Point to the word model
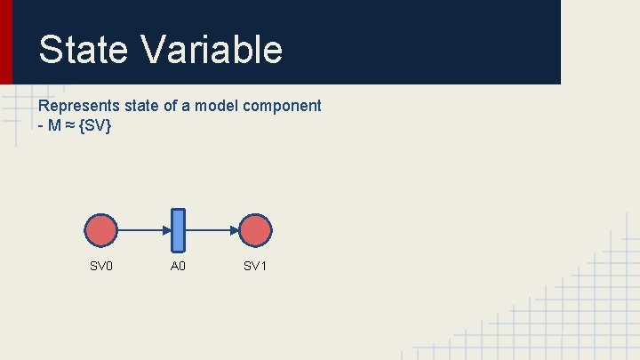click(217, 106)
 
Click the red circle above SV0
click(101, 230)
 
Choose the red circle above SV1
click(256, 230)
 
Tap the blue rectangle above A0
click(178, 230)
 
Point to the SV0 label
click(101, 267)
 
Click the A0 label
click(178, 267)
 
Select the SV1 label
click(256, 267)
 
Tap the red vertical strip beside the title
click(5, 42)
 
